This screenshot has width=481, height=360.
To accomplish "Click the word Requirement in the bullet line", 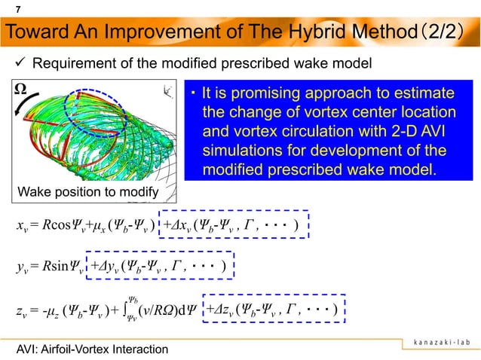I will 83,63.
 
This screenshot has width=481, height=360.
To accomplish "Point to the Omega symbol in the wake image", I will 23,91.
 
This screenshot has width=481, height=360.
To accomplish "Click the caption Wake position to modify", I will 84,194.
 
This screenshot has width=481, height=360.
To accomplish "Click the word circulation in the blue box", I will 318,132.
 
